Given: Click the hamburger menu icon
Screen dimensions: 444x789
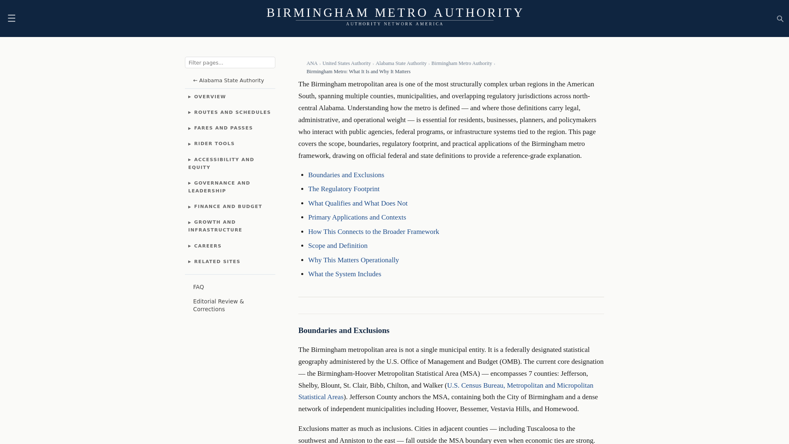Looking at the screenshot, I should click(12, 18).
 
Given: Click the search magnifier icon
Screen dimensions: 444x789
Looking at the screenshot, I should click(780, 19).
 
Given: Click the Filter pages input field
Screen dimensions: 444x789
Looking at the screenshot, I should click(230, 62).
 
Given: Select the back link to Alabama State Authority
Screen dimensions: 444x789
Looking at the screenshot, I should click(228, 81).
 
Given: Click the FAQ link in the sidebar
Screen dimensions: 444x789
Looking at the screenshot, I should click(198, 287).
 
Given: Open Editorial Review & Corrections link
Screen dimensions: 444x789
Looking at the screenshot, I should click(218, 305).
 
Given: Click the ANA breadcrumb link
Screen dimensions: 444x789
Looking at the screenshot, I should click(312, 63).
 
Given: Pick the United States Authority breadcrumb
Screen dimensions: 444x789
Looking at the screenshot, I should click(346, 63).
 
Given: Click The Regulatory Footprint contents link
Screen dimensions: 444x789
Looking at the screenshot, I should click(344, 189).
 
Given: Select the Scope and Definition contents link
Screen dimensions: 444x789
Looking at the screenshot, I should click(337, 246).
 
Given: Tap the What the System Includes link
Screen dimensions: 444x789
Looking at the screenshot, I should click(344, 274).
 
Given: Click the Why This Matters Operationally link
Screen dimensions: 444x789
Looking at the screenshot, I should click(353, 260).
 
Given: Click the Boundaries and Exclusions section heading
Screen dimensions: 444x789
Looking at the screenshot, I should click(344, 331).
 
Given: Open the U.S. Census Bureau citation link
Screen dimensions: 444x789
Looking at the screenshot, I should click(519, 386).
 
